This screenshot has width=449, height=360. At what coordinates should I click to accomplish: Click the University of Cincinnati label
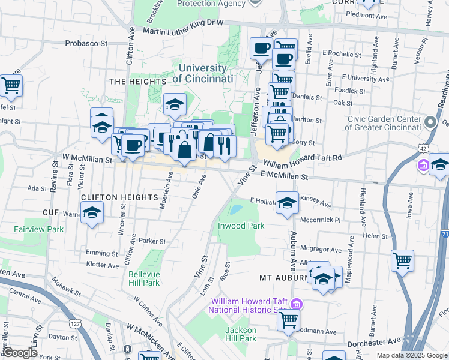tap(202, 73)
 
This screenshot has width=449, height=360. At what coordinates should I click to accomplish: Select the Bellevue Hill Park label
tap(144, 278)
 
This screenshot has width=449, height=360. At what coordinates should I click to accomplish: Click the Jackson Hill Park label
tap(241, 334)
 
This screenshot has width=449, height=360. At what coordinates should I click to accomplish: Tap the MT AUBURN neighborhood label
tap(283, 278)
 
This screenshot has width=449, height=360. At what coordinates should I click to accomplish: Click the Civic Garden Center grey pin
tap(430, 123)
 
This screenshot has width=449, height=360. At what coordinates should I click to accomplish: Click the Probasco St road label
tap(86, 43)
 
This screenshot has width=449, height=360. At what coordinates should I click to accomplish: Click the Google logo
tap(20, 353)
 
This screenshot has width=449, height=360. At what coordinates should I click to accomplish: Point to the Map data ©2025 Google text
tap(412, 355)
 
